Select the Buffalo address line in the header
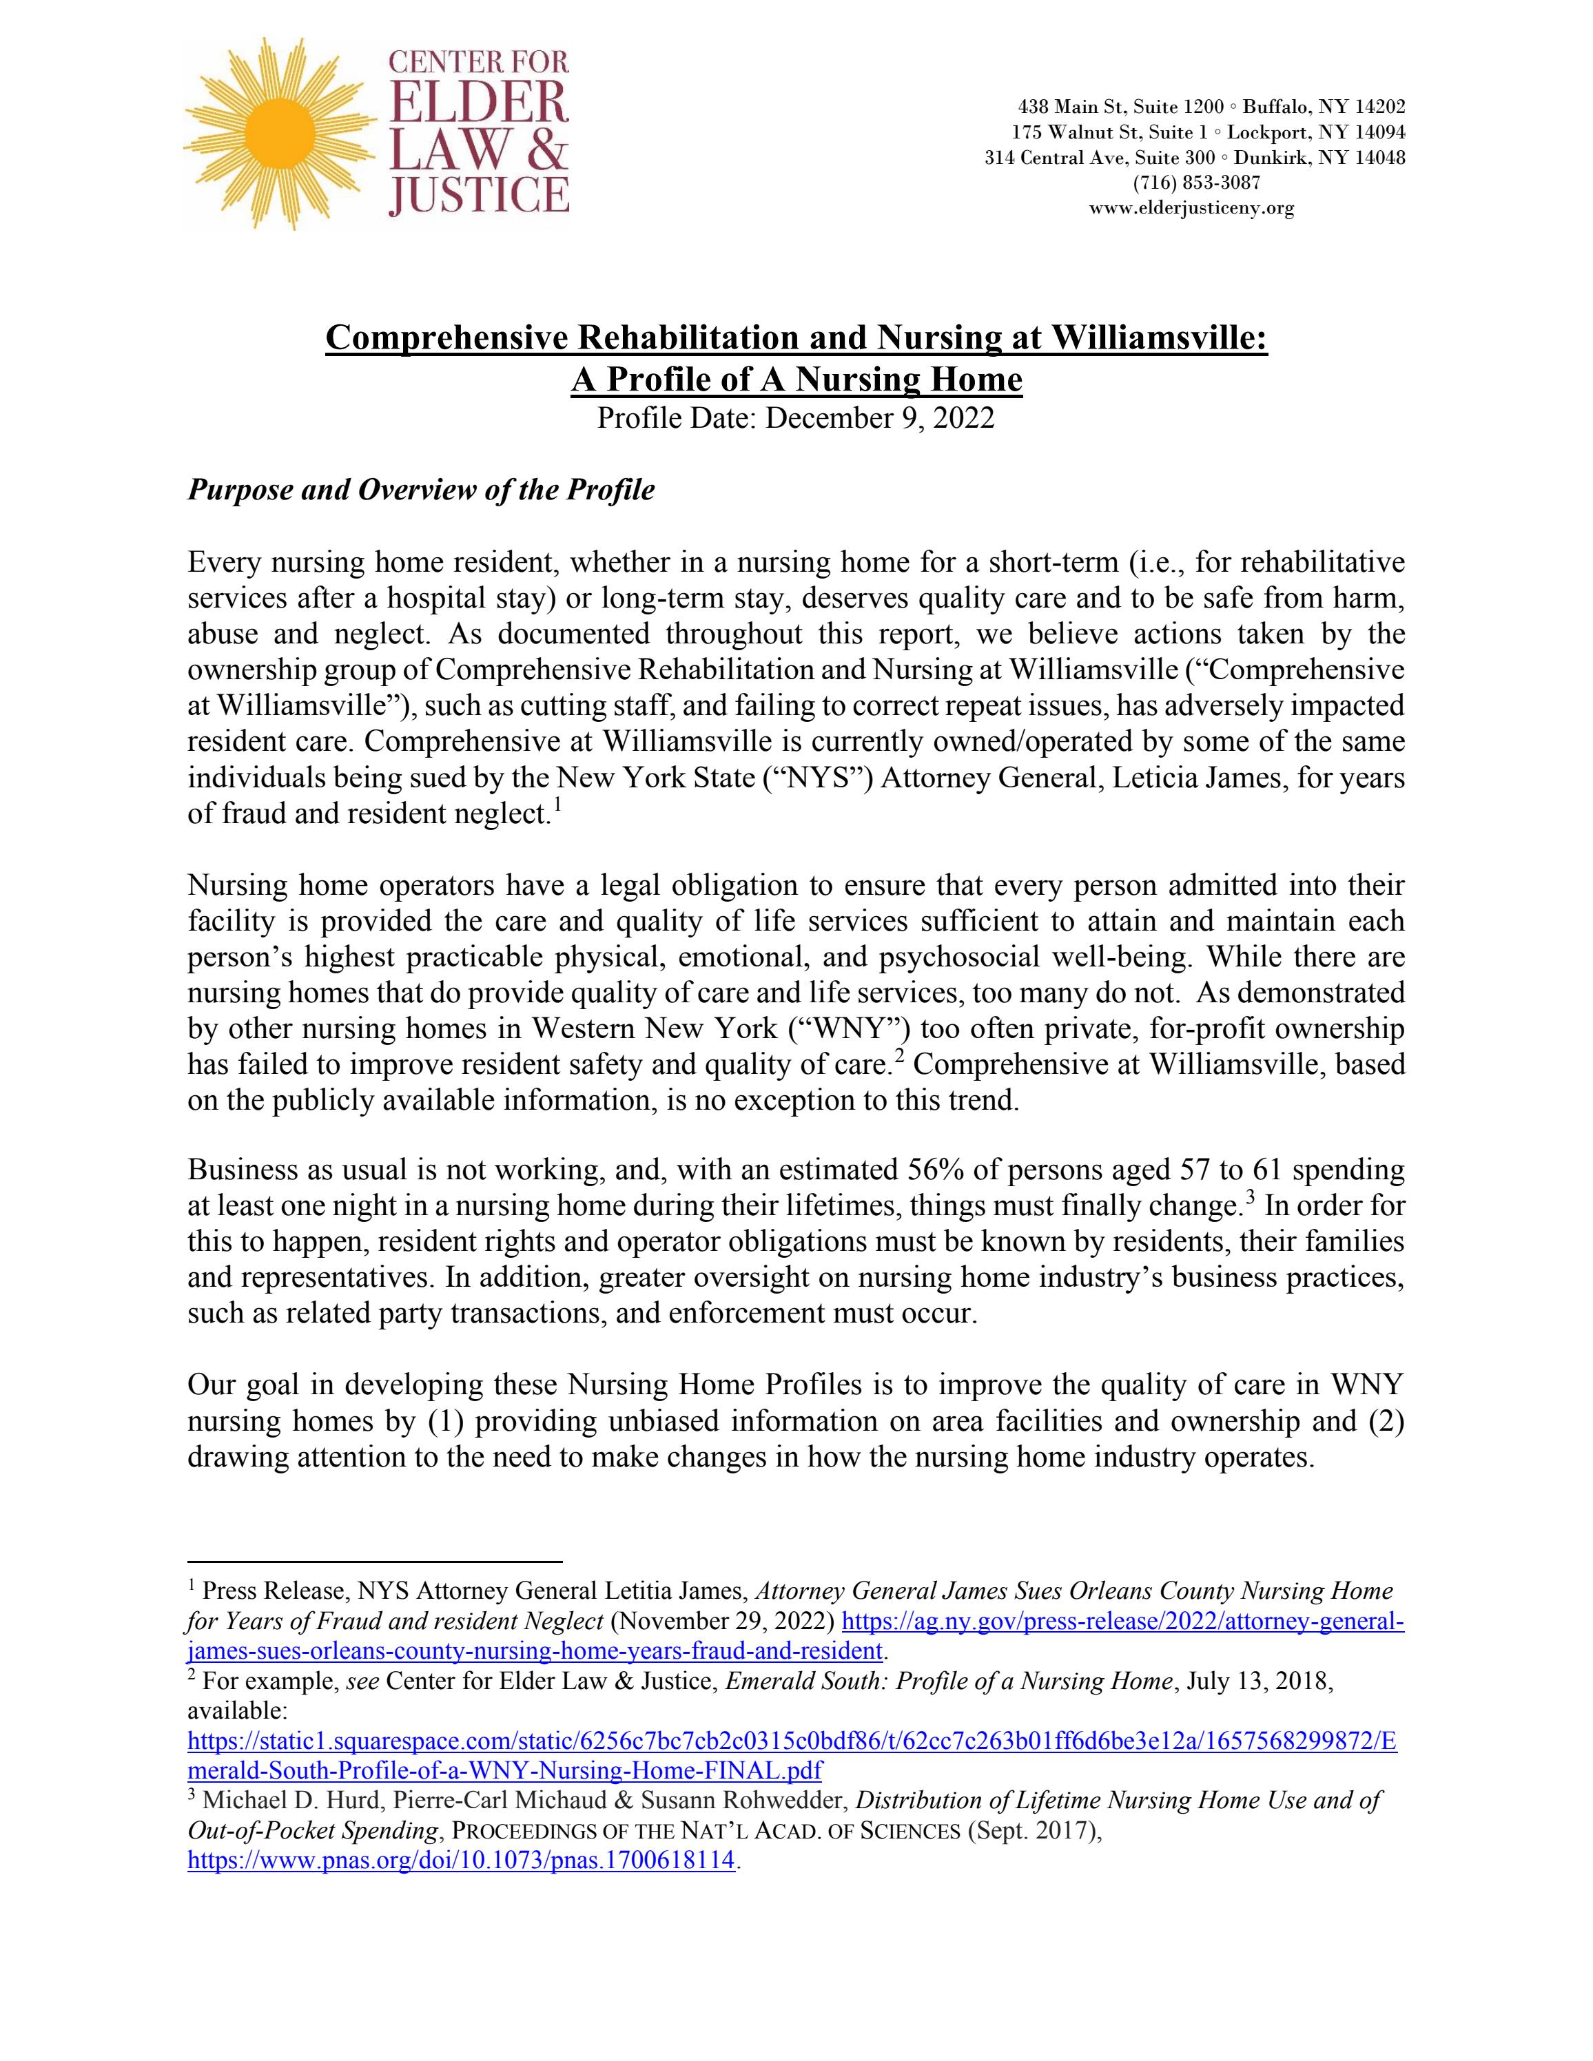click(1211, 107)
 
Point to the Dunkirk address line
click(1195, 158)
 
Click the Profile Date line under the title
click(796, 418)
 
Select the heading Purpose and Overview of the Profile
click(421, 490)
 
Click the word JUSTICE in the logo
click(480, 196)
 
